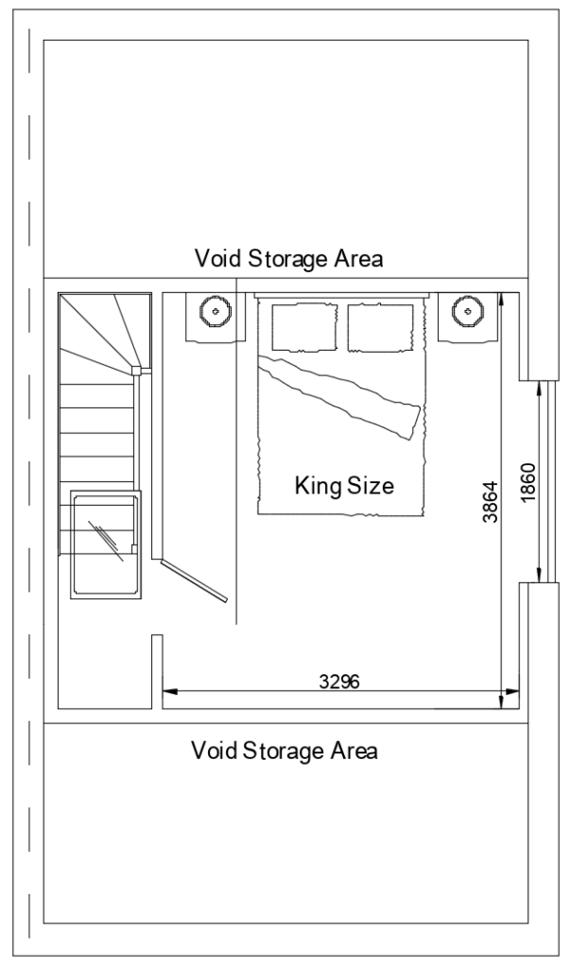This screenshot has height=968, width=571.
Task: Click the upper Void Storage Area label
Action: pos(288,258)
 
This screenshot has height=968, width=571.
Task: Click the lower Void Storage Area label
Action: pos(285,752)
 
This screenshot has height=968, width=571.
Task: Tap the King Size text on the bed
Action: pos(343,487)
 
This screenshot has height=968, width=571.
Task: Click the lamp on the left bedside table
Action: pos(216,309)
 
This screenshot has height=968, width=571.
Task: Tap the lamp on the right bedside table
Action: pos(467,309)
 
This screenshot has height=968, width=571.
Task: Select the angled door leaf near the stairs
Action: pos(194,579)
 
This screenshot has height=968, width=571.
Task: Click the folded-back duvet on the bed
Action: pos(345,398)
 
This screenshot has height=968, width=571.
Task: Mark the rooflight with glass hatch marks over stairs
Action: pos(105,544)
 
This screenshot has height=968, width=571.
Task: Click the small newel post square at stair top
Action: pos(137,371)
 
